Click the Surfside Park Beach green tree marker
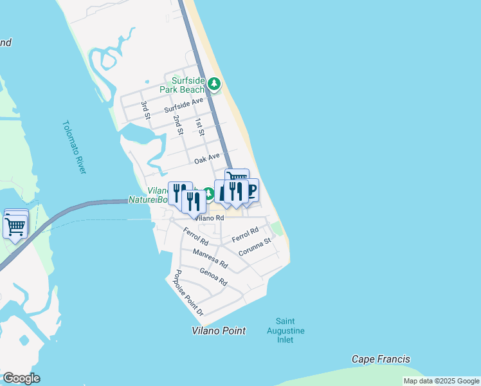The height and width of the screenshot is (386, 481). click(214, 84)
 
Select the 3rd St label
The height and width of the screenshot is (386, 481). click(146, 109)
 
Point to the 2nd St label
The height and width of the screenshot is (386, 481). click(178, 125)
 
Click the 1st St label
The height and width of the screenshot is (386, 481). click(200, 127)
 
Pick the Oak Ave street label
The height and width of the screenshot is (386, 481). click(207, 157)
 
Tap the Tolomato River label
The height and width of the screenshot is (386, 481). click(75, 147)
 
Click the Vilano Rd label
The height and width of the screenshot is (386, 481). click(210, 218)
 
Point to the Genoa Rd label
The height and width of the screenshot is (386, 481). click(213, 277)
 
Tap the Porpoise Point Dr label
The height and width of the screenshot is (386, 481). click(186, 293)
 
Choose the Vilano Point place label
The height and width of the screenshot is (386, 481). click(219, 331)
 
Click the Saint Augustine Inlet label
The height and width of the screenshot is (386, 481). click(286, 331)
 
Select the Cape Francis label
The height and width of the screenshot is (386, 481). click(381, 359)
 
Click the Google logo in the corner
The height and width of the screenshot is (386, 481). click(21, 378)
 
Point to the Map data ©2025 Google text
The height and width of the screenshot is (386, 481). click(441, 381)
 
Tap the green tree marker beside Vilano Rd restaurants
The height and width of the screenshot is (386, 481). click(208, 194)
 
